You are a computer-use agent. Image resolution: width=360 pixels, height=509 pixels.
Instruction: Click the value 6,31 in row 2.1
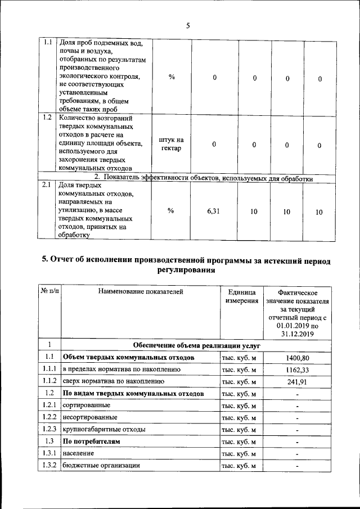(x=214, y=211)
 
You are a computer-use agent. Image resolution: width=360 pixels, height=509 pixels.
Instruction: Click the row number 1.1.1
(x=49, y=370)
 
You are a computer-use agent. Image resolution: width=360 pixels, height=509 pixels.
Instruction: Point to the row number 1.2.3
(x=49, y=429)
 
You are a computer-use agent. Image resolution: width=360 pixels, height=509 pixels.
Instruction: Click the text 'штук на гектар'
(x=172, y=144)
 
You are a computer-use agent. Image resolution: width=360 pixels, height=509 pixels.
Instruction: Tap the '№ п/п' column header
(x=49, y=291)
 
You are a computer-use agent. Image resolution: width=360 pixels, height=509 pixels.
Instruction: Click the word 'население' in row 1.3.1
(x=78, y=453)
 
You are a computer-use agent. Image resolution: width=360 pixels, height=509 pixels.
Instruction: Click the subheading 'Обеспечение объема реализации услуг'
(x=192, y=345)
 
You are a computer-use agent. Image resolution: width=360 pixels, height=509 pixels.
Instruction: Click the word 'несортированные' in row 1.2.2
(x=90, y=417)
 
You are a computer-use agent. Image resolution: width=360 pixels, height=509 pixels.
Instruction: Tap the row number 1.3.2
(x=49, y=466)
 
